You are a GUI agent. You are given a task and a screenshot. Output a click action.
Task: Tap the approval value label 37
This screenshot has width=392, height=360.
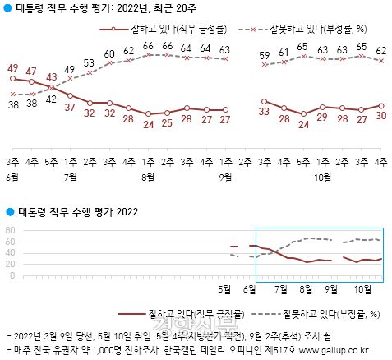tap(71, 107)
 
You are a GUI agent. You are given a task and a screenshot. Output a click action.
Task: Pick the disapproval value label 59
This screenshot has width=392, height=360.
tap(265, 57)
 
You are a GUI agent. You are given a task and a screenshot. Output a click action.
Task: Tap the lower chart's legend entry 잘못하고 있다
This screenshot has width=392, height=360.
tap(318, 314)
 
